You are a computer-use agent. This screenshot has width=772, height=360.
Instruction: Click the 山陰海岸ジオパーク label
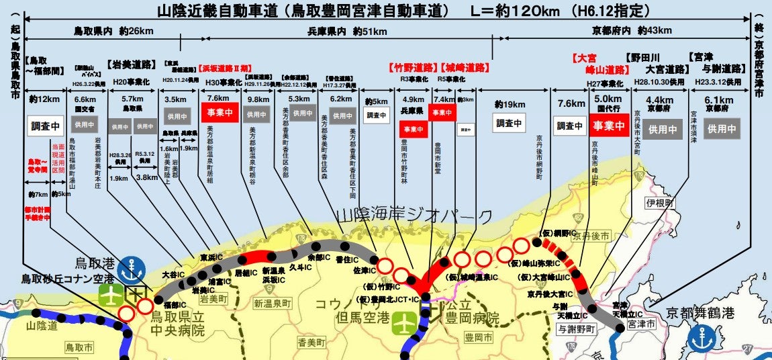[414, 216]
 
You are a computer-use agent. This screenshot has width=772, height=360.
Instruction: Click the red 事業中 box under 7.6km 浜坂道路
[219, 114]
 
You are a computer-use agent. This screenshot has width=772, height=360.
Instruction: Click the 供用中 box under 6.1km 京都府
[722, 128]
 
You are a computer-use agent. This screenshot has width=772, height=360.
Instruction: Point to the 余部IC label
[319, 257]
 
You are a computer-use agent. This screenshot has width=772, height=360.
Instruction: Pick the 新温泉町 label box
[273, 304]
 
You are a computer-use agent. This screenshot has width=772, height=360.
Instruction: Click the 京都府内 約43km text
[622, 31]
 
